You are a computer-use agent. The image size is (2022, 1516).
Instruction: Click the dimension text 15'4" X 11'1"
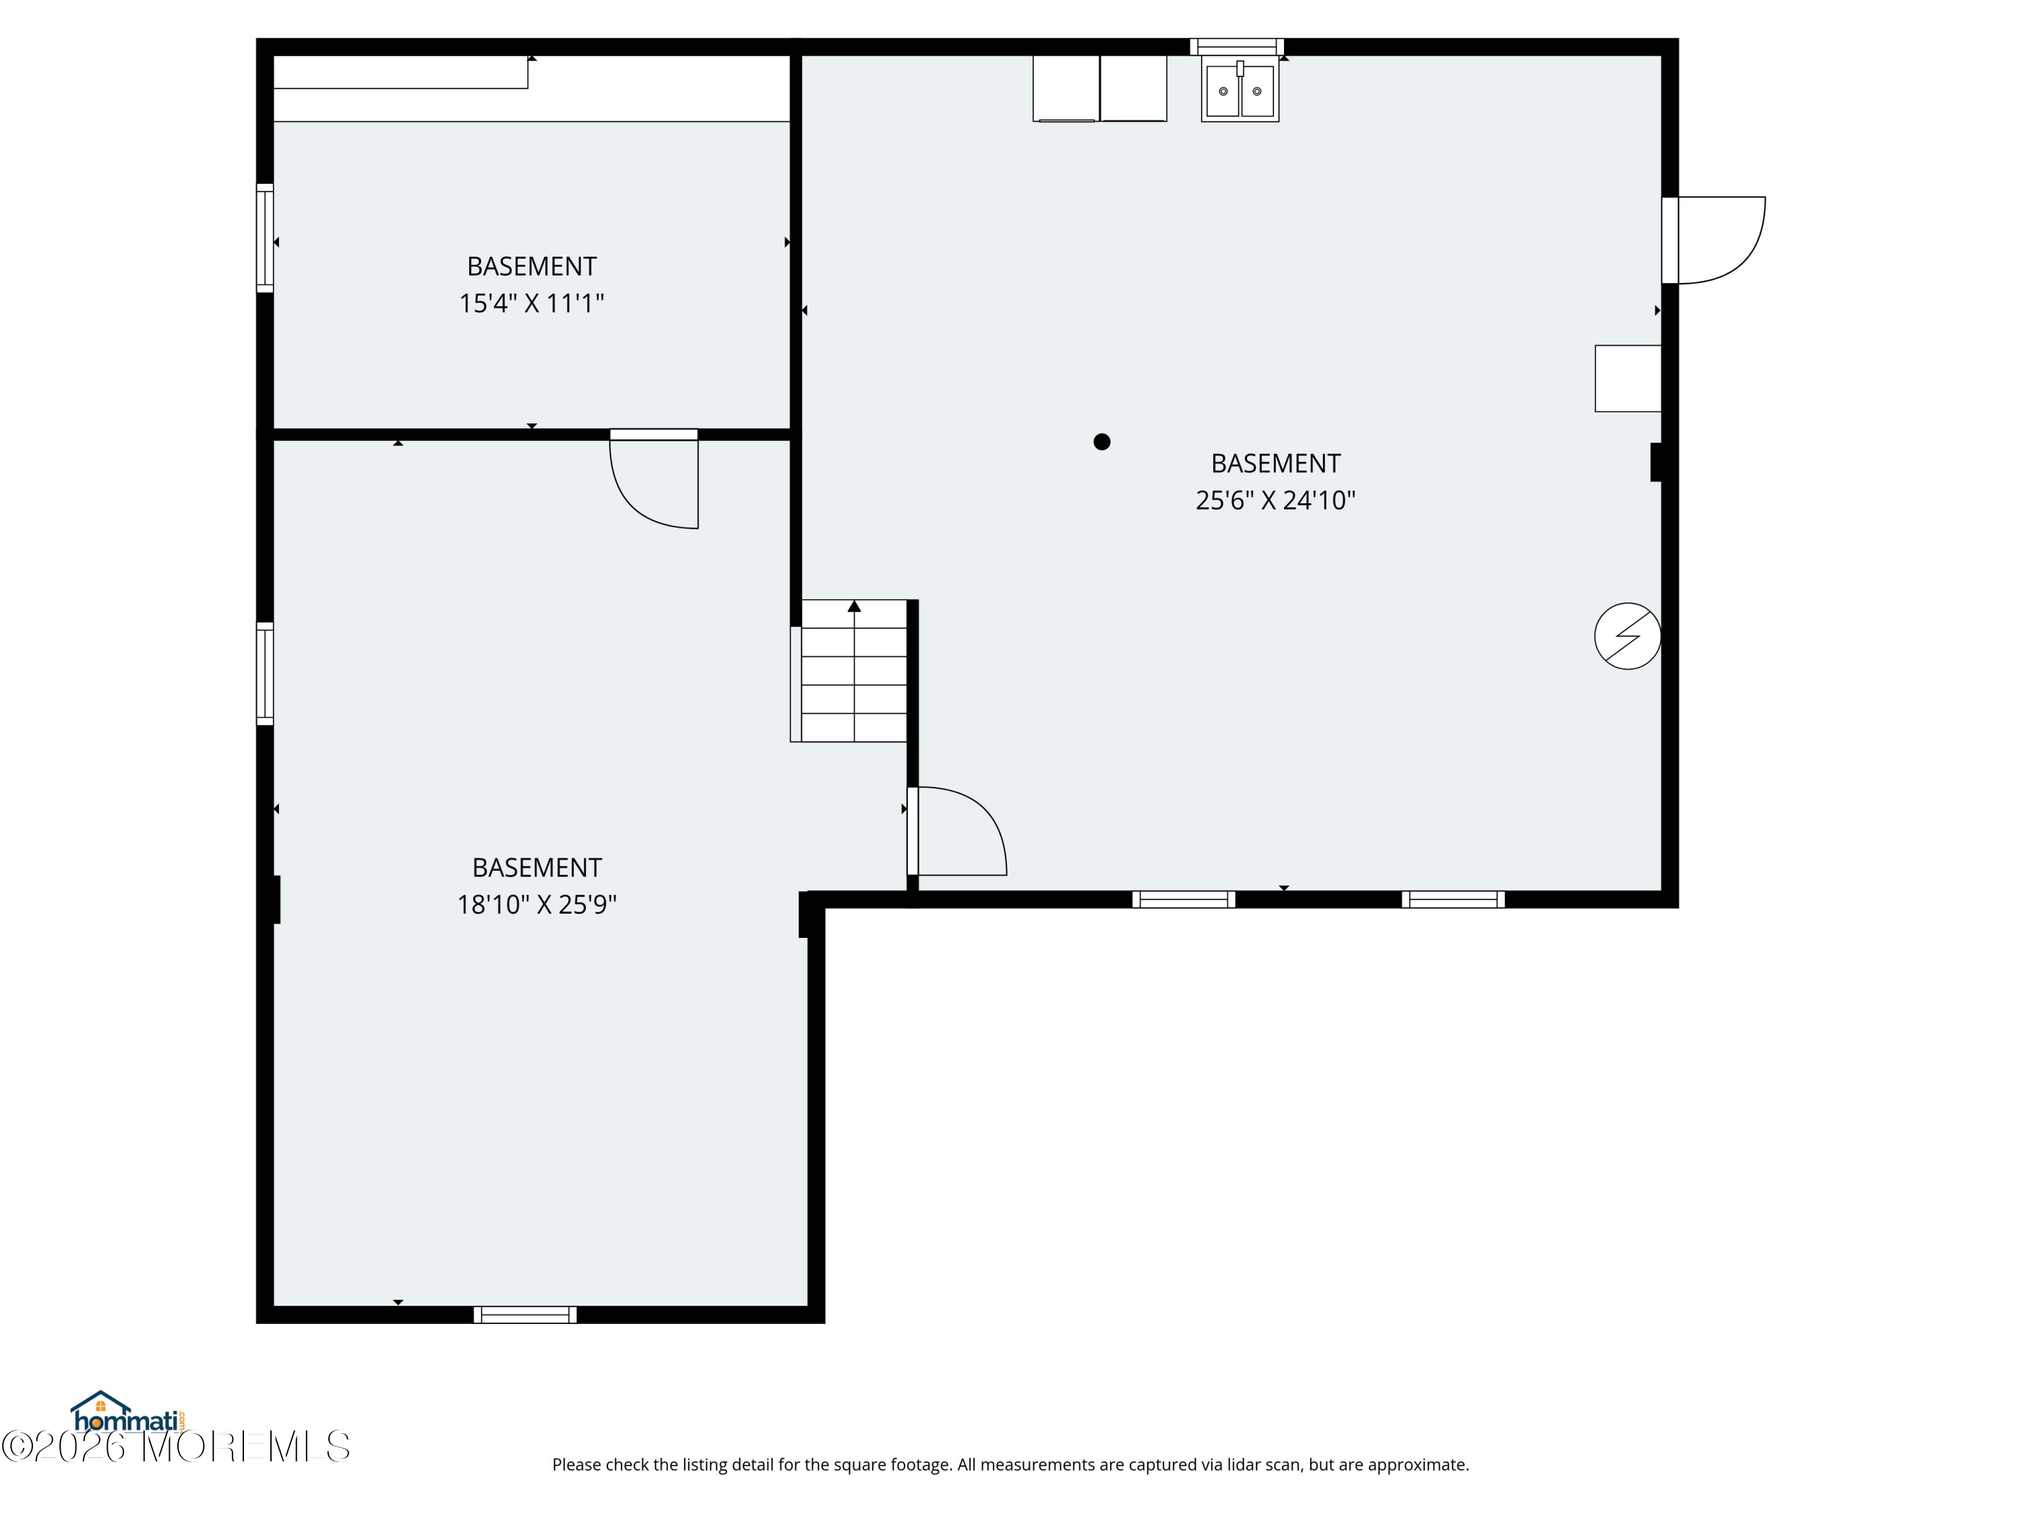531,303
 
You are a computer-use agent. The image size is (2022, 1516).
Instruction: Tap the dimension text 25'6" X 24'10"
1275,501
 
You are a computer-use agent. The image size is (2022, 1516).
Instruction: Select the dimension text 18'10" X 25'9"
537,905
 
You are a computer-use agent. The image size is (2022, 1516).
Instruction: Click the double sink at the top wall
1239,90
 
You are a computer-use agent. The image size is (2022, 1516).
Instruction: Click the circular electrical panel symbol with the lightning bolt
1627,636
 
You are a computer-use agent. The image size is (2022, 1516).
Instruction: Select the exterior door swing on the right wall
1719,239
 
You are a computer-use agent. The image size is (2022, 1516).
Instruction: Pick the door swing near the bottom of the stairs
960,831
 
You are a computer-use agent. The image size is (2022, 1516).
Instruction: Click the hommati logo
128,1414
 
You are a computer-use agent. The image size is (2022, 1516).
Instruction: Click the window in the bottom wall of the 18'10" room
524,1315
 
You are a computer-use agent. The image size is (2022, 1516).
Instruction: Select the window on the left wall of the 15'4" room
265,239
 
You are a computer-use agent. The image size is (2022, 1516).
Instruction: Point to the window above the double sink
1236,46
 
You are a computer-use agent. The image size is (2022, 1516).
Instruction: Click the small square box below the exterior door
1627,378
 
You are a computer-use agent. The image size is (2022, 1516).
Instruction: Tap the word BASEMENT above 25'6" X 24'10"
1275,464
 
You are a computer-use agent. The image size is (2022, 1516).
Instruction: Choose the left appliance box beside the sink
1066,89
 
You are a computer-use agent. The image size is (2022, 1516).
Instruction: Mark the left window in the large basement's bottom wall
1183,899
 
